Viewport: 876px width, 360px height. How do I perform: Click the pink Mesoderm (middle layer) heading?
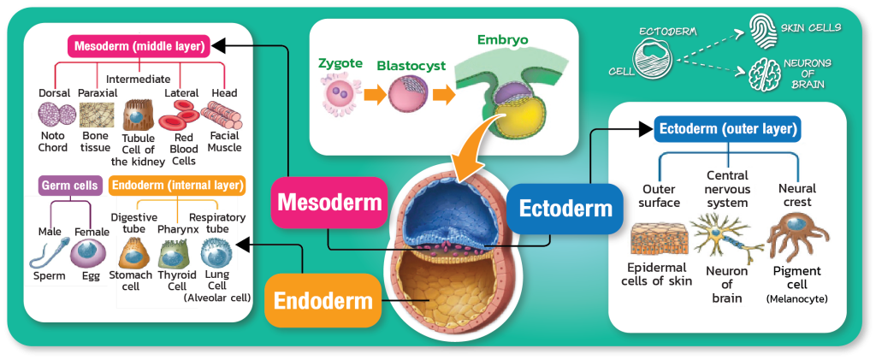(x=139, y=45)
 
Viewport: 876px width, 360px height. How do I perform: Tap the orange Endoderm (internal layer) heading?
(x=177, y=184)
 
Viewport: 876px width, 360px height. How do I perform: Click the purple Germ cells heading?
(x=71, y=184)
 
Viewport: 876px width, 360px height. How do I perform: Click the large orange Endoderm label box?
(x=323, y=300)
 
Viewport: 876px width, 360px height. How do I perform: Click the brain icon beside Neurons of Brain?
(x=763, y=70)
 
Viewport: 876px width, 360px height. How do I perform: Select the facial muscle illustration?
(x=224, y=115)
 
